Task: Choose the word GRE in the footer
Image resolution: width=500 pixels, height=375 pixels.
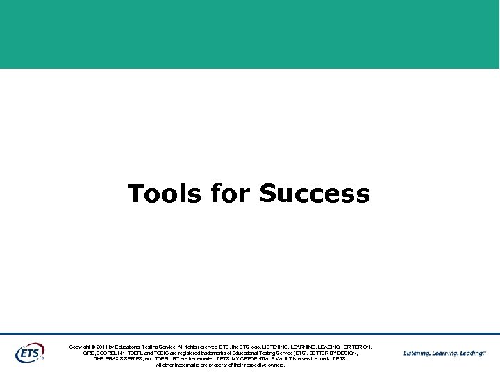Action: click(x=88, y=353)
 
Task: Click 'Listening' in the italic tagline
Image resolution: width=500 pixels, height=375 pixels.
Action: click(x=417, y=353)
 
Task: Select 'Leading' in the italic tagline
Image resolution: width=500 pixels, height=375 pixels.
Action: click(x=472, y=353)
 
